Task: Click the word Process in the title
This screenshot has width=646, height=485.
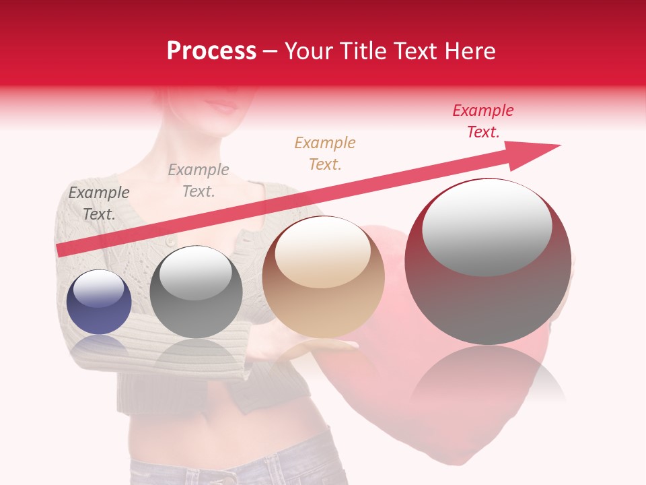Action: coord(211,51)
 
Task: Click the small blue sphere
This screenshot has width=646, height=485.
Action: coord(99,302)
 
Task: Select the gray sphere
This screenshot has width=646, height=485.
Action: coord(196,292)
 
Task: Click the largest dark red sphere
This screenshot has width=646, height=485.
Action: coord(488,263)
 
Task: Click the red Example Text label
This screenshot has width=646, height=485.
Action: coord(482,121)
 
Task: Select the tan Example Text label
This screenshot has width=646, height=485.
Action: coord(324,153)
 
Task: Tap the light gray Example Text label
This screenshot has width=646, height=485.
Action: coord(198,180)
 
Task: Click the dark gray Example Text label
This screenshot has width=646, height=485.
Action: coord(99,203)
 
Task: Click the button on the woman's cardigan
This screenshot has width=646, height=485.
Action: coord(170,240)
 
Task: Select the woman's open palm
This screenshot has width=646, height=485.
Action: coord(316,347)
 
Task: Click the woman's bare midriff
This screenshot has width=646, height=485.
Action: coord(222,431)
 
